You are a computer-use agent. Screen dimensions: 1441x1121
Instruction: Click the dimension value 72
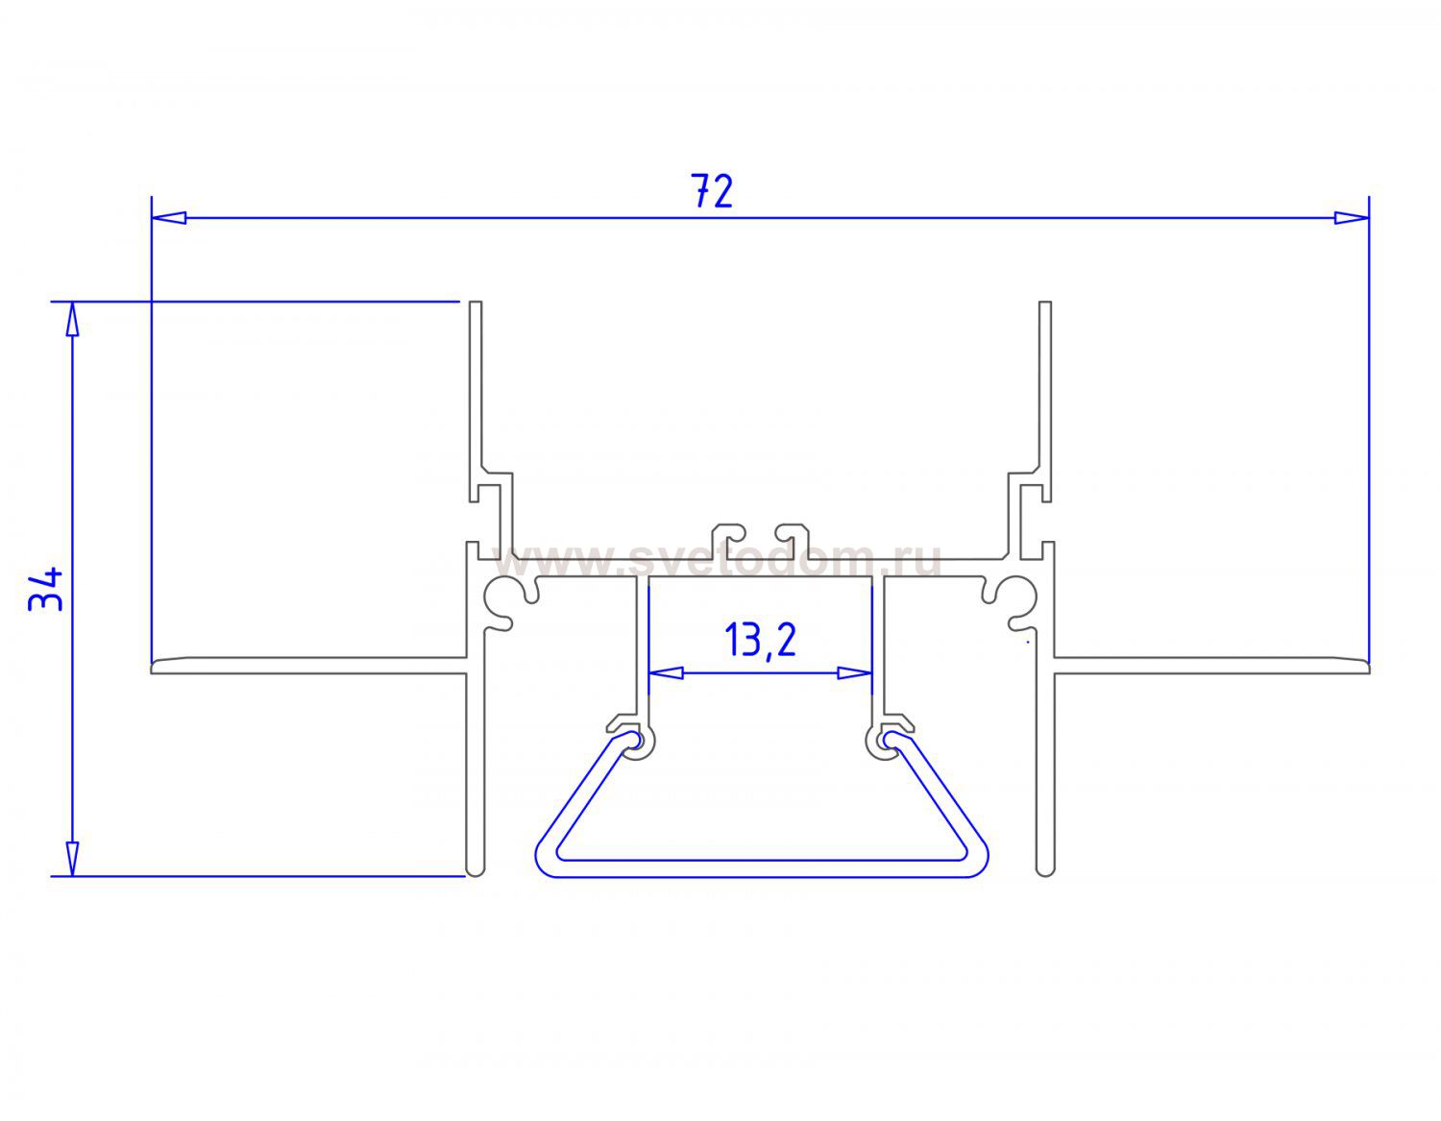click(x=712, y=191)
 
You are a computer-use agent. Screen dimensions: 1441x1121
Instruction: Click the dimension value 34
click(x=46, y=589)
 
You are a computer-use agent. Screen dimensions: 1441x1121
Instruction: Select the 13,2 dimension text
click(x=760, y=640)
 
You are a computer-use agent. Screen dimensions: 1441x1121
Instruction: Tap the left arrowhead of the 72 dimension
click(x=168, y=217)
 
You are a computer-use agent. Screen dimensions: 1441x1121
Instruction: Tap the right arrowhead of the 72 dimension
click(x=1351, y=217)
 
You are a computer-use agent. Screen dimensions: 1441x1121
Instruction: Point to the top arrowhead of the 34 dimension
click(x=73, y=319)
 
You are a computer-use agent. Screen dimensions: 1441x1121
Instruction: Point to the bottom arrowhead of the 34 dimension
click(x=73, y=859)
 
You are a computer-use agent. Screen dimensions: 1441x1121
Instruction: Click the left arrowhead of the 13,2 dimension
click(x=666, y=673)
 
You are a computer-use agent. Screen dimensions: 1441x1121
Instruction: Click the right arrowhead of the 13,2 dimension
click(x=854, y=673)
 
